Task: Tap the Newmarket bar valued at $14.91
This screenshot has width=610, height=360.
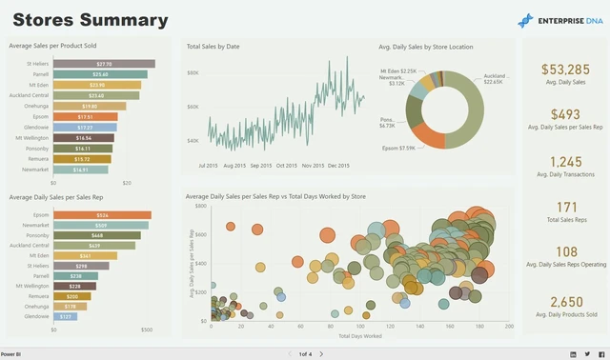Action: (x=80, y=170)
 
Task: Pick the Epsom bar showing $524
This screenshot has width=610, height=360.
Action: (x=102, y=215)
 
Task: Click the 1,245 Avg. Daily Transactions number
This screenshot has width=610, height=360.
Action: (x=565, y=162)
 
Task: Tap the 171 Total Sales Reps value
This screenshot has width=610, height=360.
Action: (x=565, y=207)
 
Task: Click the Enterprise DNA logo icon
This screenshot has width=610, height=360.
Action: (x=526, y=20)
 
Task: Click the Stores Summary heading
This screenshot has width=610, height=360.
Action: (x=91, y=20)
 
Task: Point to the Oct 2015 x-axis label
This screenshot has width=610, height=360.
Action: (x=286, y=166)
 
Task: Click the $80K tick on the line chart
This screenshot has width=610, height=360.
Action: (x=193, y=72)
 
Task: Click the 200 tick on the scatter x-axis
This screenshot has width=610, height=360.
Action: (x=509, y=327)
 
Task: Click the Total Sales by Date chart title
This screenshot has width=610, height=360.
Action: (x=213, y=46)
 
